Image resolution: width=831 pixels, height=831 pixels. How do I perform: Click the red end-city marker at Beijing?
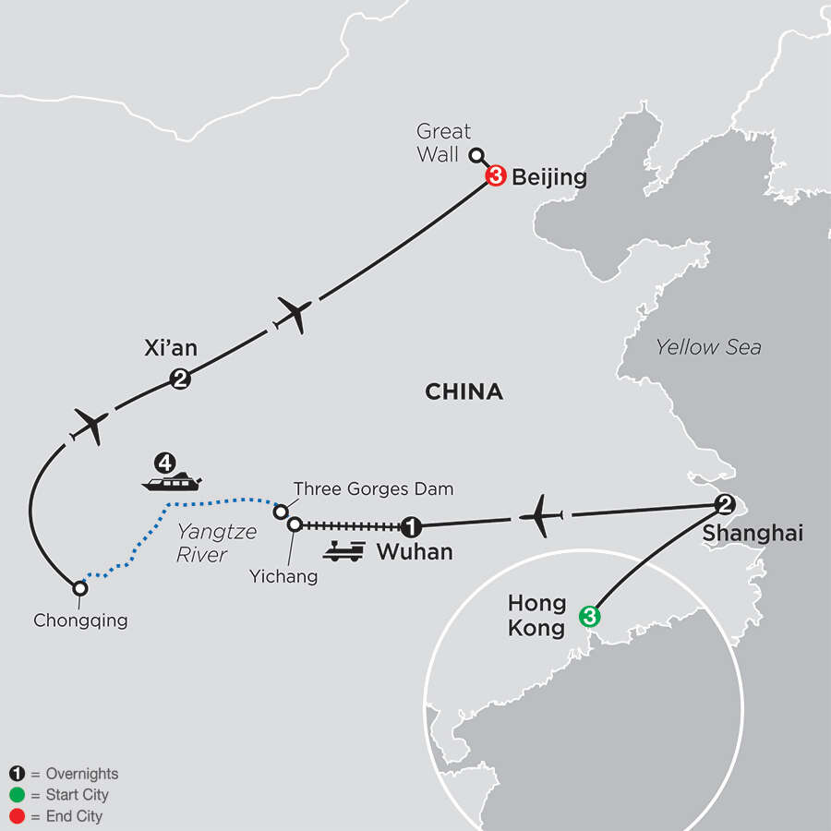tap(494, 177)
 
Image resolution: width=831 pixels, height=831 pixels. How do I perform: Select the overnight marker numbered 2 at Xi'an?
tap(180, 378)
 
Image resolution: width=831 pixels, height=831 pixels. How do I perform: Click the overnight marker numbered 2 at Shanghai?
tap(725, 504)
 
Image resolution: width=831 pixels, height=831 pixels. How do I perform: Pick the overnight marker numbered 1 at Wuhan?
tap(411, 527)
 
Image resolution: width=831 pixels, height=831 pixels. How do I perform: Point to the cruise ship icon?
tap(171, 481)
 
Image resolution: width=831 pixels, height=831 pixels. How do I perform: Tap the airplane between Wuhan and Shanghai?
tap(540, 515)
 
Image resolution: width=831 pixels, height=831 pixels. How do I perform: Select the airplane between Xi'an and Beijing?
tap(294, 316)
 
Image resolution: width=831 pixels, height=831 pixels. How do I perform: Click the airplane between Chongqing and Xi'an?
tap(90, 426)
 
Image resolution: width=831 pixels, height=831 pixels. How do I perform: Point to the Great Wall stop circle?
tap(476, 156)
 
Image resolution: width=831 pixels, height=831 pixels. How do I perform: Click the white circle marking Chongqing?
tap(80, 587)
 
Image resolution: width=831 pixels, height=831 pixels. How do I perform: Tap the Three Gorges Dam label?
tap(373, 489)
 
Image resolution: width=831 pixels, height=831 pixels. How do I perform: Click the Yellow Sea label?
tap(708, 347)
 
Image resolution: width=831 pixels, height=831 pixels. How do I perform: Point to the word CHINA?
tap(464, 392)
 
